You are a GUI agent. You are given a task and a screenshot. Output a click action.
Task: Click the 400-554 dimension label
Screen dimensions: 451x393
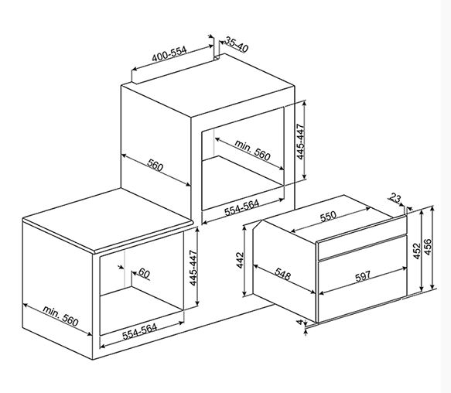pyautogui.click(x=169, y=54)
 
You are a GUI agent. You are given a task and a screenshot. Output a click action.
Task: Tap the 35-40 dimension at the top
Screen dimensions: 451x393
pyautogui.click(x=236, y=45)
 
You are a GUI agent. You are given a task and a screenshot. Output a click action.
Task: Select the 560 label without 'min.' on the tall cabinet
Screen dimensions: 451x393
pyautogui.click(x=155, y=165)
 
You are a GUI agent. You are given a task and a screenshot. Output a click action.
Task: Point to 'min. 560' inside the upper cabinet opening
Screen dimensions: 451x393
pyautogui.click(x=252, y=150)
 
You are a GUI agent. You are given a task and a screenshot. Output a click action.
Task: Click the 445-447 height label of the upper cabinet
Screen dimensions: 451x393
pyautogui.click(x=300, y=142)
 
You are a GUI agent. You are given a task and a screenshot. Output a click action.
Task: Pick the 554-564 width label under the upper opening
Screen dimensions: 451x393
pyautogui.click(x=241, y=207)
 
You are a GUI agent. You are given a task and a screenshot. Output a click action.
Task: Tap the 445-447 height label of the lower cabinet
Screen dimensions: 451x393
pyautogui.click(x=193, y=268)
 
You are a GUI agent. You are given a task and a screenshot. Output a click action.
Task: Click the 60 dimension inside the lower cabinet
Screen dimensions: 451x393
pyautogui.click(x=144, y=273)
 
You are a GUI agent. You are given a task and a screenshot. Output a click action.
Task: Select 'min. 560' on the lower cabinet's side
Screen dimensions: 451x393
pyautogui.click(x=60, y=316)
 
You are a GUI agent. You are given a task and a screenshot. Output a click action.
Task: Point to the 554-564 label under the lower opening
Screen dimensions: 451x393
pyautogui.click(x=140, y=332)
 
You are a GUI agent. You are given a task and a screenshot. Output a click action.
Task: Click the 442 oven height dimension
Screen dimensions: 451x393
pyautogui.click(x=240, y=261)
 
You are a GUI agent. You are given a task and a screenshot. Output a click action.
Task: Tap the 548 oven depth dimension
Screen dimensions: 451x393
pyautogui.click(x=282, y=274)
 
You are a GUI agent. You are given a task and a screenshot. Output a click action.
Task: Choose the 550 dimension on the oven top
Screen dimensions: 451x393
pyautogui.click(x=328, y=216)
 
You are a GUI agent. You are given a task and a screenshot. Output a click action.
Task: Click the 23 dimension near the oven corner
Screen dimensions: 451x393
pyautogui.click(x=395, y=198)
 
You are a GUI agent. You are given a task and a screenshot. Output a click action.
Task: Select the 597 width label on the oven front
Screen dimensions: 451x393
pyautogui.click(x=363, y=277)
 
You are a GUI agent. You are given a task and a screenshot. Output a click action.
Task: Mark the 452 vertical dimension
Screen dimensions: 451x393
pyautogui.click(x=416, y=251)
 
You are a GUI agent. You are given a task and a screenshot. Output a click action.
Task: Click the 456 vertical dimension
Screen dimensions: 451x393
pyautogui.click(x=428, y=247)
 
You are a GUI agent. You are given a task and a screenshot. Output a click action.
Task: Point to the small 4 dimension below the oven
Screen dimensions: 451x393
pyautogui.click(x=300, y=322)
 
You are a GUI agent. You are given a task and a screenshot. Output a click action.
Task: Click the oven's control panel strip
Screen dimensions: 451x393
pyautogui.click(x=362, y=247)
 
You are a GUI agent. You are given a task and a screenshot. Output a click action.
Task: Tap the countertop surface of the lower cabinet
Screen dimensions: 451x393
pyautogui.click(x=108, y=219)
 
